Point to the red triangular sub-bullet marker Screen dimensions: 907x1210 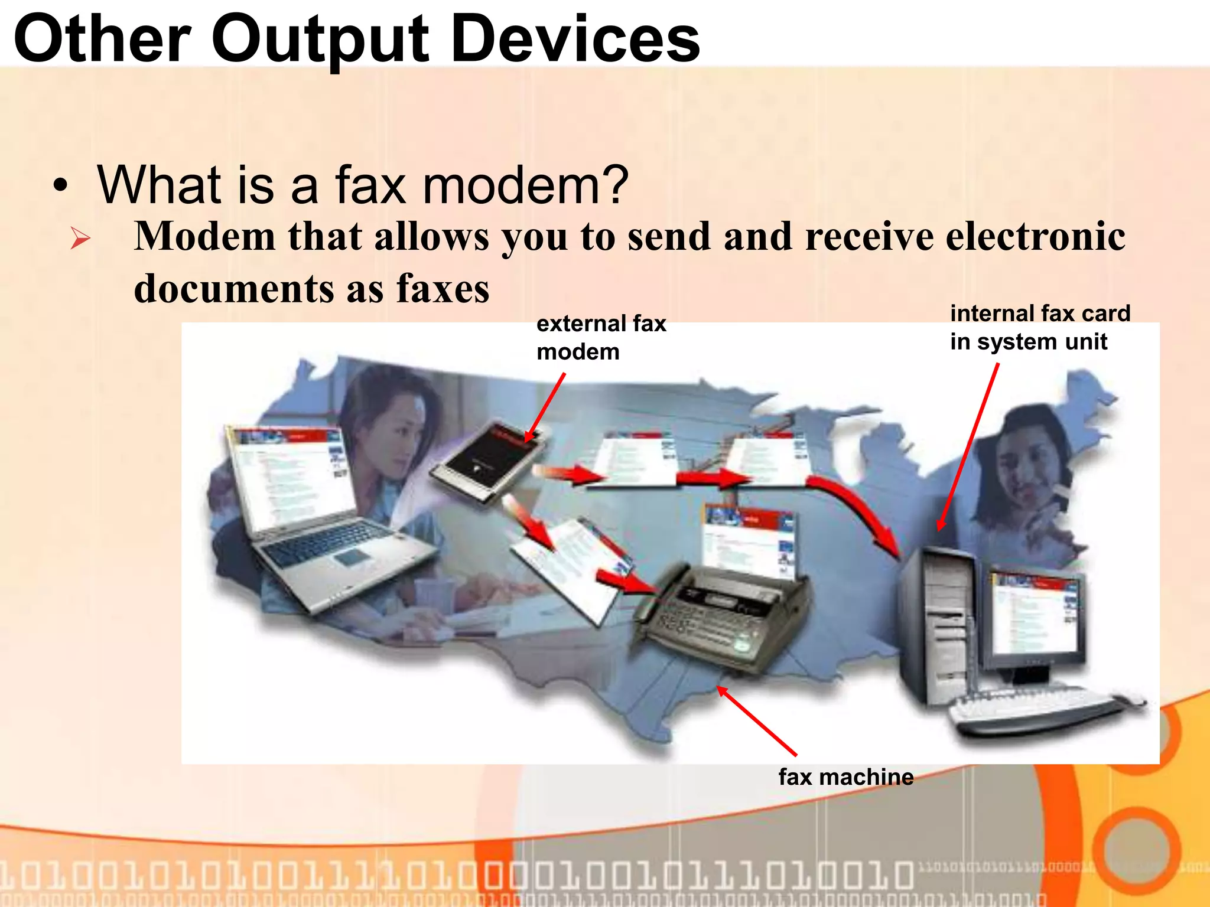tap(80, 239)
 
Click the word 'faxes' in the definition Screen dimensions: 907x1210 tap(443, 289)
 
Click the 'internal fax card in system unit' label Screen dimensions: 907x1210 tap(1040, 327)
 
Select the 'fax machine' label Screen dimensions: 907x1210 tap(845, 777)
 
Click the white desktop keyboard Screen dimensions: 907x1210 tap(1040, 706)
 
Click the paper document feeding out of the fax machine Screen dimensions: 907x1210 tap(747, 540)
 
